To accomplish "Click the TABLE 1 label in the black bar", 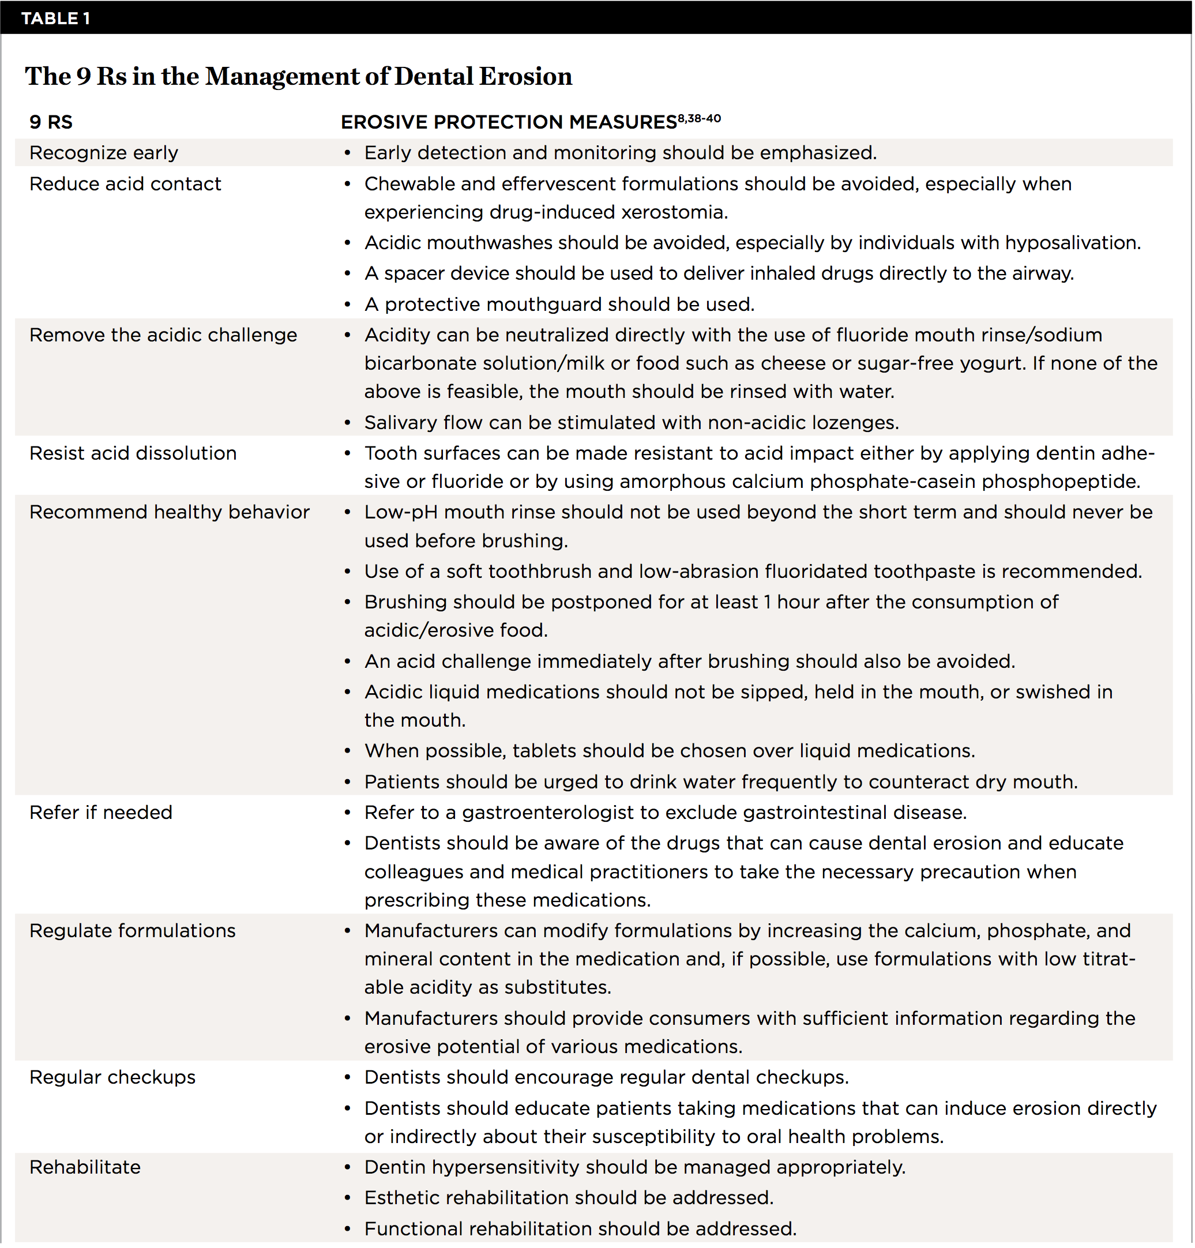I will (55, 18).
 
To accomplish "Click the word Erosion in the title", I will (525, 76).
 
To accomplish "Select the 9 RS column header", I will (51, 122).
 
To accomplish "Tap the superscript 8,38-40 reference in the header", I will (698, 118).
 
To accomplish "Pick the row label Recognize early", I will (104, 153).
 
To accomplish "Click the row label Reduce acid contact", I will (125, 184).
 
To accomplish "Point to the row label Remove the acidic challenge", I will (163, 335).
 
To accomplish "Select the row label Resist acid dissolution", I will (133, 453).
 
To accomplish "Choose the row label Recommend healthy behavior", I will (170, 513).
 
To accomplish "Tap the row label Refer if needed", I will (100, 813).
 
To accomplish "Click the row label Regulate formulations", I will (133, 931).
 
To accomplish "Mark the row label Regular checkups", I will (112, 1077).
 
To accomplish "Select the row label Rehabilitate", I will (85, 1167).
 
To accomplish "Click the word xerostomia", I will (674, 212).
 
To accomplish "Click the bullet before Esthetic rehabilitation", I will (348, 1198).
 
